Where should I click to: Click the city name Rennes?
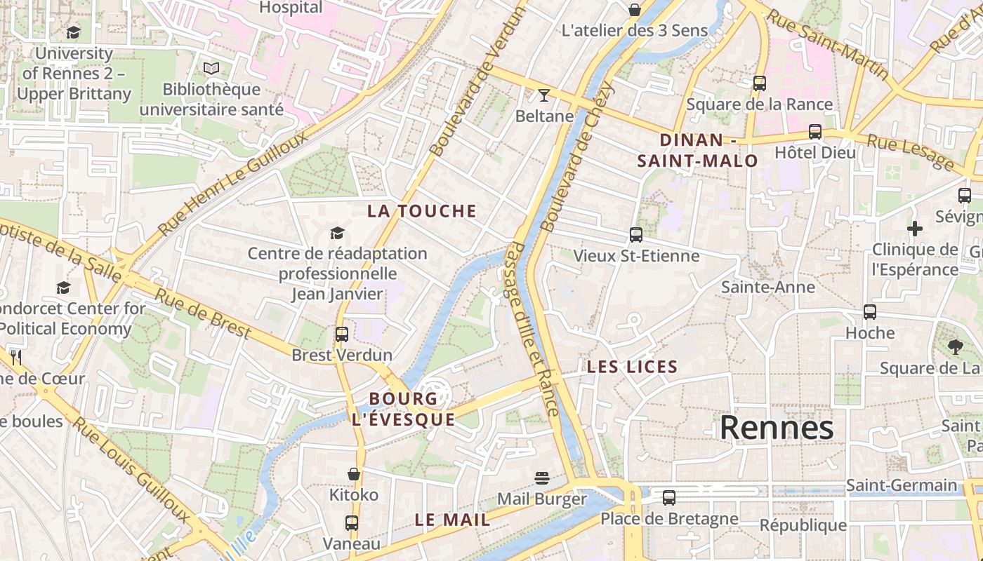click(777, 427)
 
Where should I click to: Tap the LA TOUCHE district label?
click(422, 211)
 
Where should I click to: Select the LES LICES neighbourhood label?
click(632, 367)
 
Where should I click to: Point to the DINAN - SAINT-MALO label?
click(697, 150)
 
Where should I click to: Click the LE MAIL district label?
click(452, 520)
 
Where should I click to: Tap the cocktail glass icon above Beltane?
click(544, 95)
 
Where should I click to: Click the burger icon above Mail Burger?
click(541, 478)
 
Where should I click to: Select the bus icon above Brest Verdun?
click(342, 334)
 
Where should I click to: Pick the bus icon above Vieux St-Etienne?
click(636, 235)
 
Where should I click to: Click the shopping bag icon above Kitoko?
click(354, 475)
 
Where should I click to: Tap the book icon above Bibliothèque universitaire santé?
click(211, 68)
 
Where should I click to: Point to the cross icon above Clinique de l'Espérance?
click(914, 229)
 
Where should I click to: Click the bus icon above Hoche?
click(870, 312)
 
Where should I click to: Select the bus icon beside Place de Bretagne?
click(669, 498)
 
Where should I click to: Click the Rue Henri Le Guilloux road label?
click(233, 182)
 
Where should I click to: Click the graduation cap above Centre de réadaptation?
click(338, 233)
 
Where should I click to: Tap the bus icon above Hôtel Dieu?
click(815, 132)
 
